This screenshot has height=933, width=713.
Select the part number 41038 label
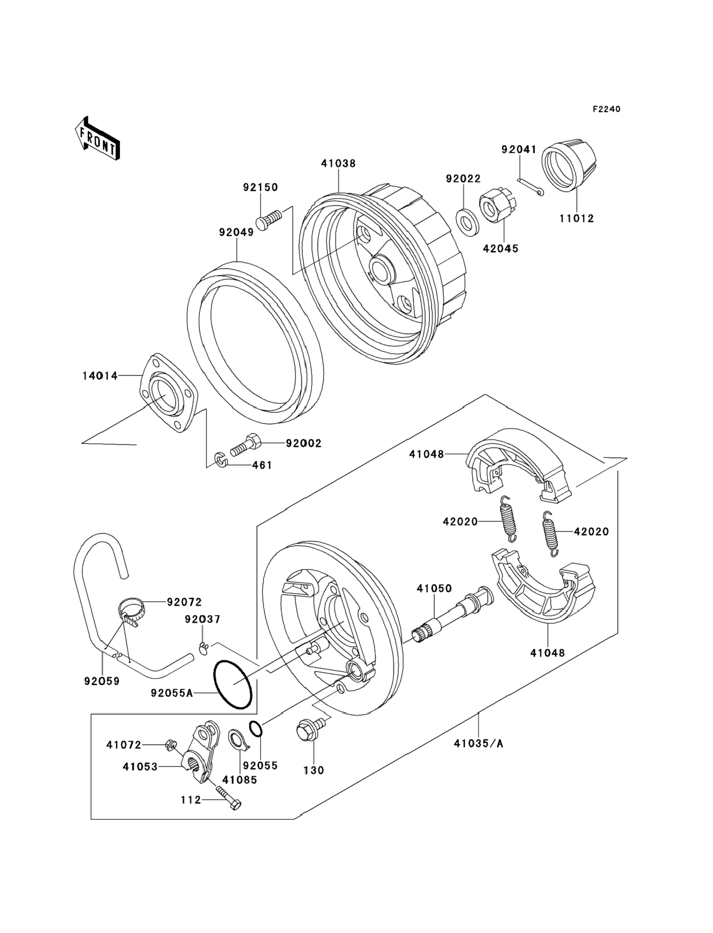(x=338, y=164)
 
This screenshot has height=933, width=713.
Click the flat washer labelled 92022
(x=468, y=222)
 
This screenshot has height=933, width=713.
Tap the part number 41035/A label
(x=478, y=743)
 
